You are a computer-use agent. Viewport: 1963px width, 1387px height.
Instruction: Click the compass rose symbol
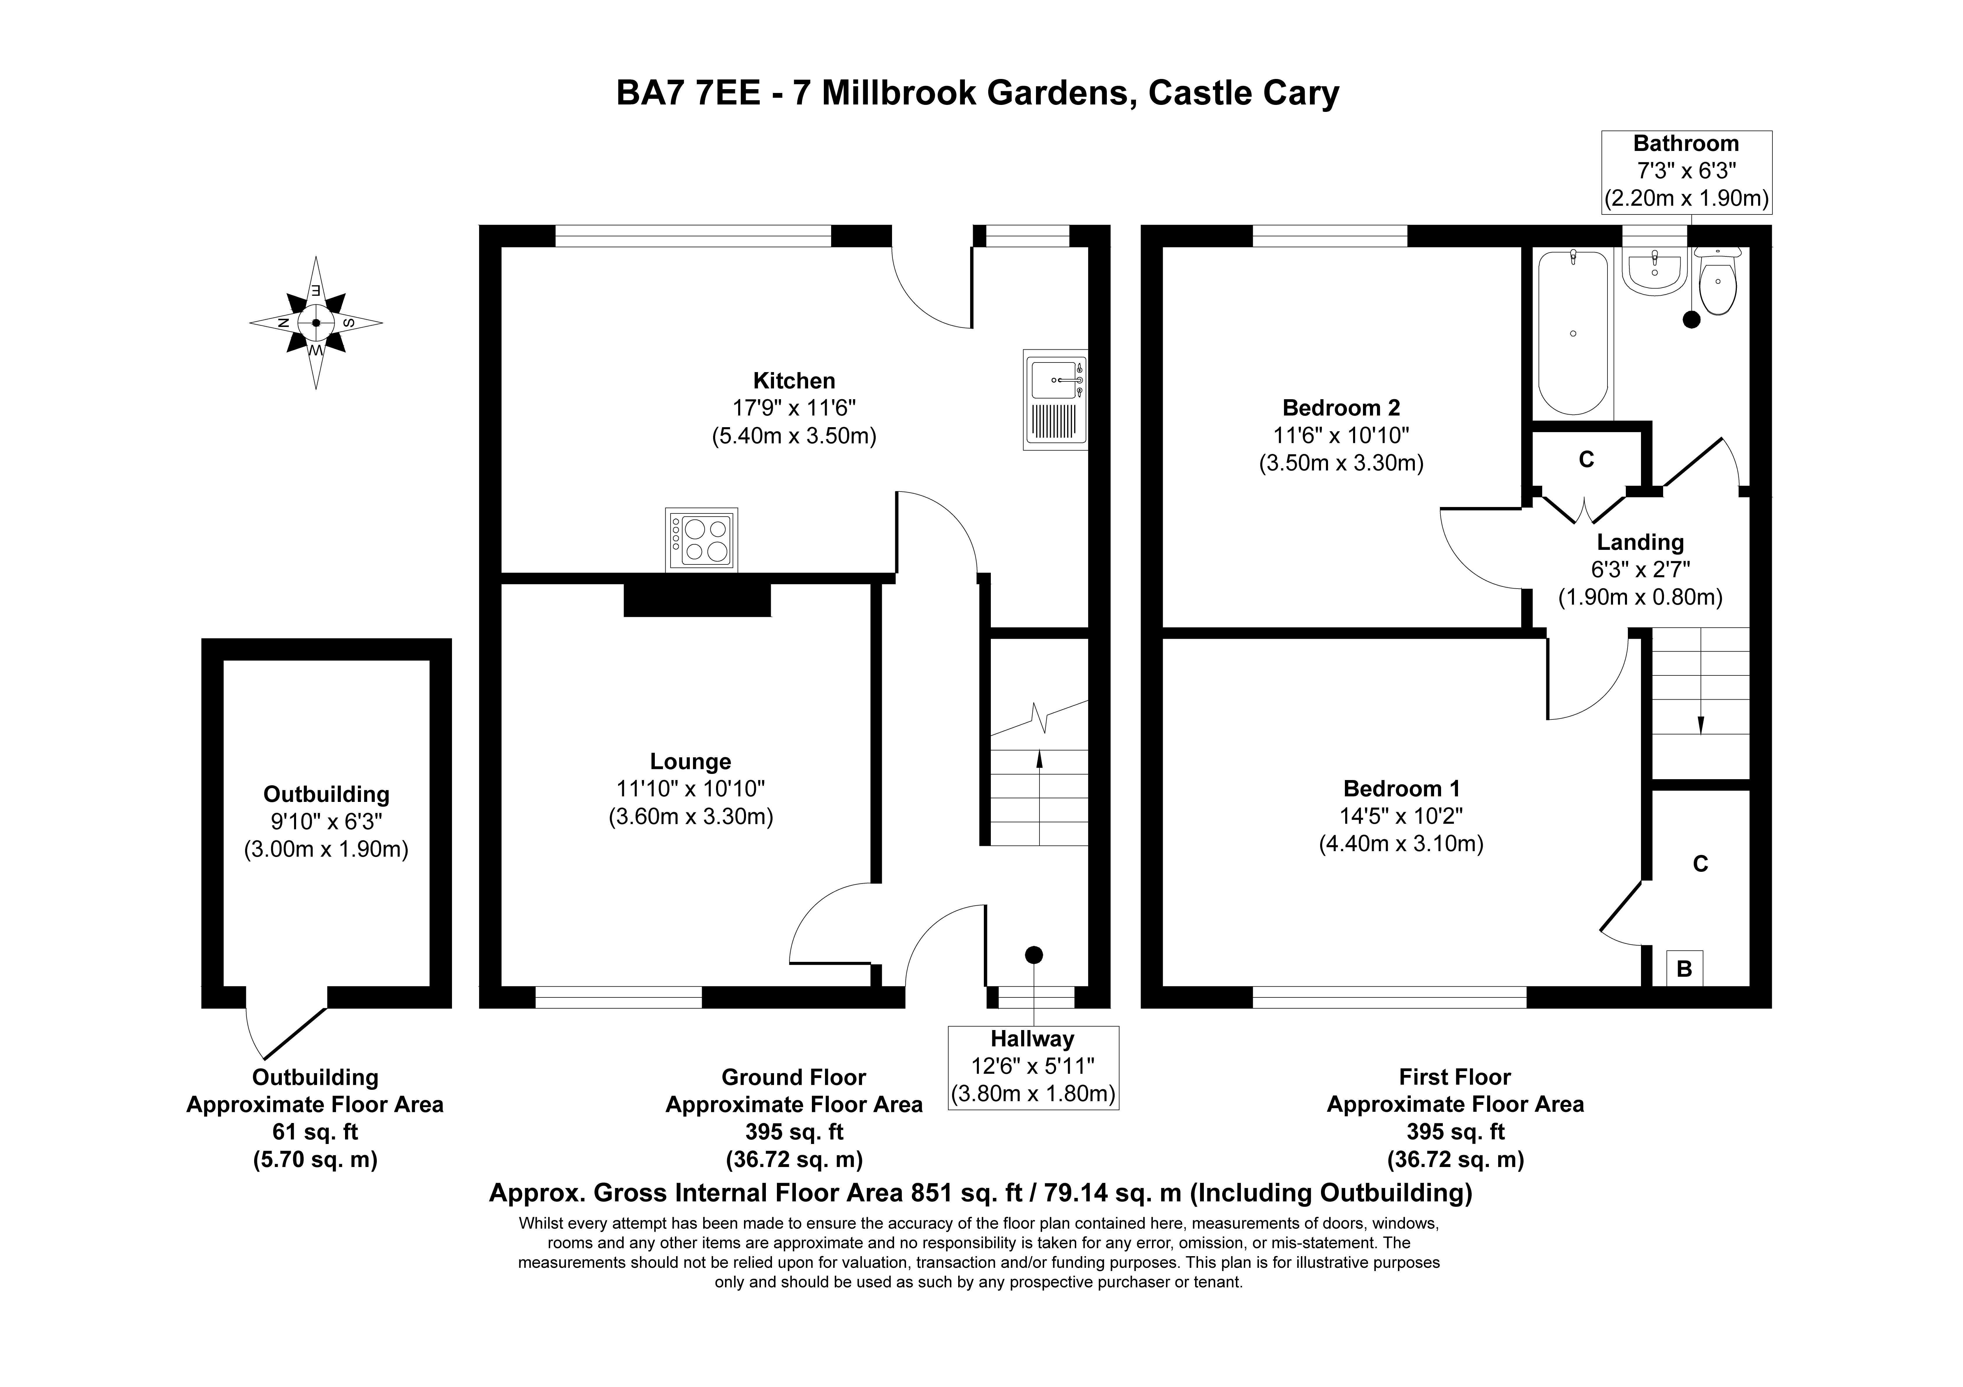pos(316,322)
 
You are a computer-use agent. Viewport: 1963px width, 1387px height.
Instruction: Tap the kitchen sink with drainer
pos(1055,399)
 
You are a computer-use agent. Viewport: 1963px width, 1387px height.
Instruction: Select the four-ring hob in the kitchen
pos(701,540)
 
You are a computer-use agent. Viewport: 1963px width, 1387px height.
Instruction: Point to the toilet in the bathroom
pos(1717,282)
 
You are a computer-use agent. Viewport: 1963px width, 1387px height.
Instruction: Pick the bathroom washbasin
pos(1654,272)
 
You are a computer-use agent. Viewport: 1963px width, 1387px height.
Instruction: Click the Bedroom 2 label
pos(1341,408)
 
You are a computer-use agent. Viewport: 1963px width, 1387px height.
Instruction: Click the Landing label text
pos(1640,542)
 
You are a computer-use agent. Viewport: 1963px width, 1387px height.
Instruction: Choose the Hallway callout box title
pos(1032,1039)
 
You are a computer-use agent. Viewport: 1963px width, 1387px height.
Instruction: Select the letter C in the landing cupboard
pos(1586,460)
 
